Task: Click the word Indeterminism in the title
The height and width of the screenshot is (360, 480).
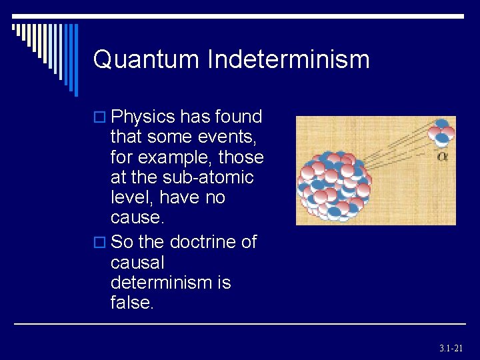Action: tap(288, 60)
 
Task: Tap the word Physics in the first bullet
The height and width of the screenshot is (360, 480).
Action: tap(143, 117)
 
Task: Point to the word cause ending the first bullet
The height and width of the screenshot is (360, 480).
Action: tap(135, 219)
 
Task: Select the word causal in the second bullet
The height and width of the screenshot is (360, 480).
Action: tap(137, 262)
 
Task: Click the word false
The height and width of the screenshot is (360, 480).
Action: tap(131, 303)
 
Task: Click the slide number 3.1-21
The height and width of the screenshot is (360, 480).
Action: tap(451, 348)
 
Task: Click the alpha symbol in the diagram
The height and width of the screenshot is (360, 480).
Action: tap(442, 156)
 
